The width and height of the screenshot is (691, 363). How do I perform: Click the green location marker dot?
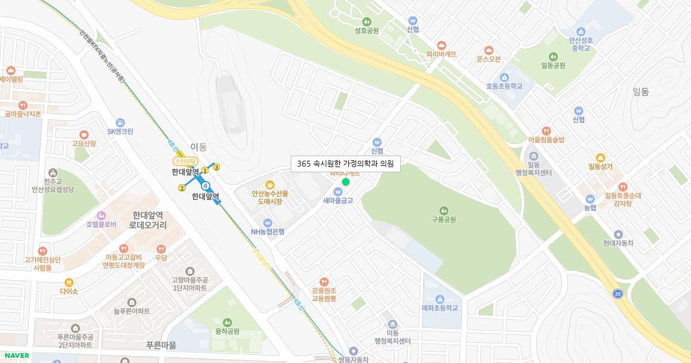[x=345, y=181]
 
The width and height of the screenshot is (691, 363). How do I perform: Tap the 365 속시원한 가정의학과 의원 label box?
[x=345, y=164]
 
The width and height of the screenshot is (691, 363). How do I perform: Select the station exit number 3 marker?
[x=217, y=168]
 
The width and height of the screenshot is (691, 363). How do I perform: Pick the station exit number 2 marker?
[x=182, y=188]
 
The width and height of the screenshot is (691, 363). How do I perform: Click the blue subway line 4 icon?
[x=205, y=186]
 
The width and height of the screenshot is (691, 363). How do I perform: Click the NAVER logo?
[x=16, y=356]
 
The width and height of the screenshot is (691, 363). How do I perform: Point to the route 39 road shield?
[x=618, y=294]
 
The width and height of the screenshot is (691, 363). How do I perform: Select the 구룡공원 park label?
[x=443, y=220]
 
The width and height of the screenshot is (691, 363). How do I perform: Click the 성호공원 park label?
[x=367, y=30]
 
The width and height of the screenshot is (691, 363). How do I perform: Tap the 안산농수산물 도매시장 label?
[x=269, y=198]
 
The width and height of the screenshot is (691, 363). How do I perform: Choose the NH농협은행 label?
[x=267, y=232]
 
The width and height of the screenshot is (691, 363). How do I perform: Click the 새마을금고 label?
[x=338, y=201]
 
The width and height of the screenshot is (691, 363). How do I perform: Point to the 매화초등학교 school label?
[x=439, y=308]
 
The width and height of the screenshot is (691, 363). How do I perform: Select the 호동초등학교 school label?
[x=504, y=86]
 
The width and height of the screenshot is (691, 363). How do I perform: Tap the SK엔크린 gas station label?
[x=120, y=131]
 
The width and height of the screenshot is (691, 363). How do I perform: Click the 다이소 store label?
[x=69, y=291]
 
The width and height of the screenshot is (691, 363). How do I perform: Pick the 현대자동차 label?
[x=618, y=243]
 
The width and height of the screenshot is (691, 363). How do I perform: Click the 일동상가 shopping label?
[x=600, y=167]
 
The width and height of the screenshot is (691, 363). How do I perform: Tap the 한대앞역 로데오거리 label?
[x=148, y=220]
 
